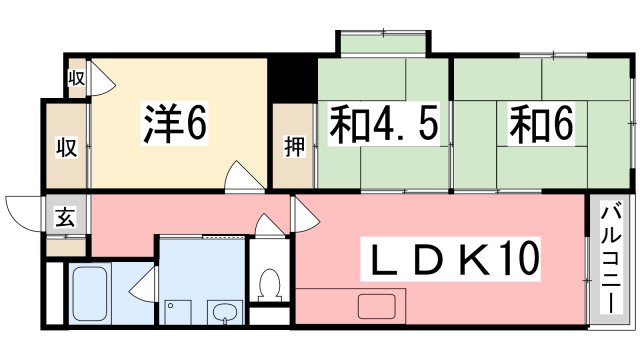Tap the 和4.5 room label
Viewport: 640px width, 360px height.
pyautogui.click(x=381, y=125)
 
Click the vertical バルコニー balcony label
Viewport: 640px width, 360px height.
pyautogui.click(x=609, y=257)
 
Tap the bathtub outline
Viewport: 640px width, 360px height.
pyautogui.click(x=96, y=292)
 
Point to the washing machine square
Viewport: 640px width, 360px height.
pyautogui.click(x=178, y=308)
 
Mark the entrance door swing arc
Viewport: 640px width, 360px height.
pyautogui.click(x=22, y=211)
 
